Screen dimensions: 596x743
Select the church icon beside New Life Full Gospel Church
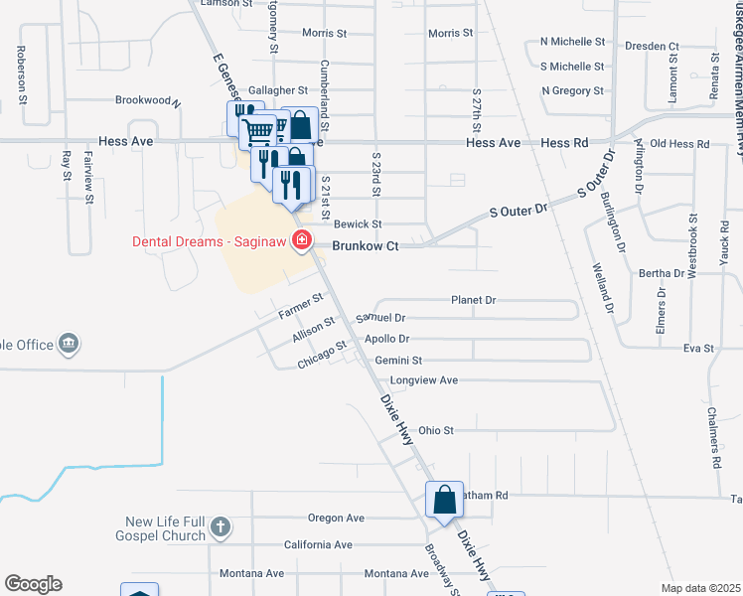(x=221, y=527)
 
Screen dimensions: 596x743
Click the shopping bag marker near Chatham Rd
(x=444, y=499)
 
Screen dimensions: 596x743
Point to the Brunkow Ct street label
(x=365, y=245)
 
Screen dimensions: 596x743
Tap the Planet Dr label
(x=473, y=299)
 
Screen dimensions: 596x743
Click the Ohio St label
(x=435, y=431)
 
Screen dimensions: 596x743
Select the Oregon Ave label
(x=337, y=518)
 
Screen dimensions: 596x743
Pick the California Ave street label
(x=318, y=545)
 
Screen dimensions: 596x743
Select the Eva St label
(x=698, y=349)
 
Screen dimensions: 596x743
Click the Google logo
(x=33, y=583)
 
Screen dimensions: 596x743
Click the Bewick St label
(x=358, y=224)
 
